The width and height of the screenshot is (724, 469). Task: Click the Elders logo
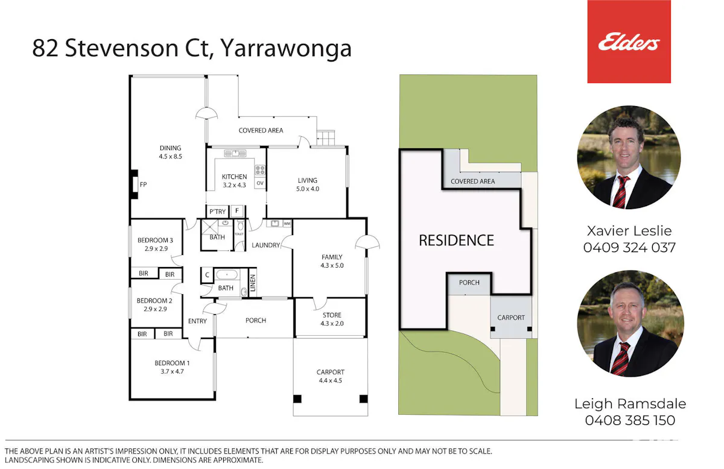click(x=629, y=42)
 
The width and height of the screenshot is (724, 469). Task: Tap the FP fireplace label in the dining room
click(x=143, y=184)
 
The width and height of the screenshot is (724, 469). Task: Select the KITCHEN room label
click(x=234, y=177)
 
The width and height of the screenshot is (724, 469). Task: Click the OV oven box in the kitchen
click(x=260, y=183)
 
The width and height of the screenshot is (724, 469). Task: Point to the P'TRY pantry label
click(x=218, y=212)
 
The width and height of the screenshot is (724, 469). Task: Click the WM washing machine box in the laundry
click(x=287, y=224)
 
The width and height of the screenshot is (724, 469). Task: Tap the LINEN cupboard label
click(x=253, y=283)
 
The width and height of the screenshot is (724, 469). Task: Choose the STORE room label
click(x=332, y=315)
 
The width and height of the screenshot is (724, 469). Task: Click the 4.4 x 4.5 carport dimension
click(x=331, y=380)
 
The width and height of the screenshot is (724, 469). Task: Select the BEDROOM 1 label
click(x=172, y=363)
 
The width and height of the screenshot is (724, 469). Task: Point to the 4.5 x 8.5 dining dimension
click(x=170, y=156)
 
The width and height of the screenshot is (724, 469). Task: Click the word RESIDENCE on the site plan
click(x=456, y=241)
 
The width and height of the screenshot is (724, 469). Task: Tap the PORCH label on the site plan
click(x=469, y=283)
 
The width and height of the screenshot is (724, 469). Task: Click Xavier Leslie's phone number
click(x=629, y=248)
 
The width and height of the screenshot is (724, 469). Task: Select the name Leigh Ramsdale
click(x=630, y=404)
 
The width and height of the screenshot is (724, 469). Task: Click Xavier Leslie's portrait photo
click(x=629, y=157)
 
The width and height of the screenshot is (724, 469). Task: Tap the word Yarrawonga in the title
click(x=286, y=49)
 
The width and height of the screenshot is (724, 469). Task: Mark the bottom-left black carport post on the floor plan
click(x=297, y=399)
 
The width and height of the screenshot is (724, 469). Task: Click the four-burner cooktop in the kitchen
click(x=260, y=170)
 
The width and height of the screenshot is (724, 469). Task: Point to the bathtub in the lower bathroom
click(x=227, y=275)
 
